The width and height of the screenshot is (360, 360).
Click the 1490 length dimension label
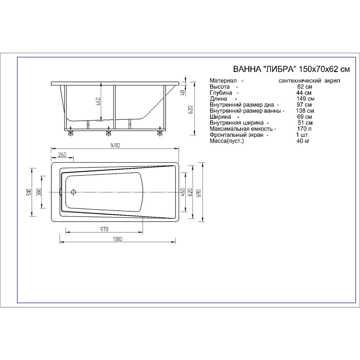click(115, 145)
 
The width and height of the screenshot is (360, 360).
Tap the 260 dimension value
click(62, 155)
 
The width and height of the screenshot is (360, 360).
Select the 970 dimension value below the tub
click(104, 229)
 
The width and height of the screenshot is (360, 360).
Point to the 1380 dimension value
click(118, 239)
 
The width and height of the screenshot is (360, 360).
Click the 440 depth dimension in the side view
click(98, 101)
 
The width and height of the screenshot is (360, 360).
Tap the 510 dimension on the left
click(29, 192)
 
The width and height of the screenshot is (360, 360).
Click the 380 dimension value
click(39, 192)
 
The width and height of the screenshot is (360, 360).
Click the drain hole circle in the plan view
click(73, 192)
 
